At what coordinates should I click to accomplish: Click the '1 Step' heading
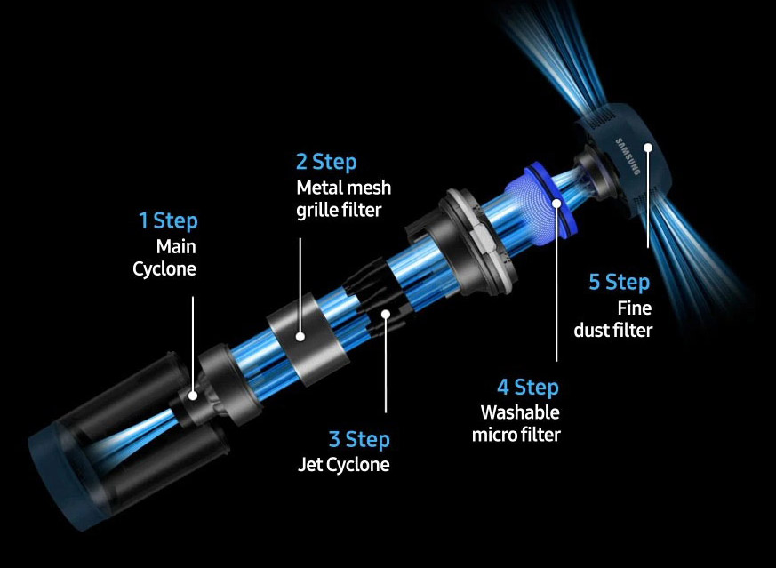click(x=168, y=220)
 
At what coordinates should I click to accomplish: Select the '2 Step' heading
click(x=326, y=162)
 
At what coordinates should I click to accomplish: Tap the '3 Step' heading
click(x=359, y=439)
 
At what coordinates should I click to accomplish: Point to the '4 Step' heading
click(x=528, y=387)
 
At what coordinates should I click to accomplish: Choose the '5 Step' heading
click(x=620, y=282)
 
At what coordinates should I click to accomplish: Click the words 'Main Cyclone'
click(x=164, y=258)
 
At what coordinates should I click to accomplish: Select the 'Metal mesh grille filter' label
click(x=344, y=199)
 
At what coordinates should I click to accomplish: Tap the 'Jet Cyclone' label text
click(x=343, y=465)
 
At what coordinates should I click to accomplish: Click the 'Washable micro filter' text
click(x=516, y=423)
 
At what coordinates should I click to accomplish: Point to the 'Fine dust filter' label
click(x=613, y=319)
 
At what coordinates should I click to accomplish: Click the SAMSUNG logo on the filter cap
click(x=628, y=156)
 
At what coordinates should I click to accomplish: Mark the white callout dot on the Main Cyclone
click(x=193, y=396)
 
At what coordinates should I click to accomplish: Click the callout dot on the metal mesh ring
click(x=300, y=337)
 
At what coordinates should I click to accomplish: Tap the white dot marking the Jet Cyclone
click(x=386, y=314)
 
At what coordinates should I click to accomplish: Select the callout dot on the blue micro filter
click(x=556, y=204)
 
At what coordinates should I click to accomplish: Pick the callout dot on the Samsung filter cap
click(x=648, y=148)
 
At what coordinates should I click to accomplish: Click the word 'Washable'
click(x=520, y=412)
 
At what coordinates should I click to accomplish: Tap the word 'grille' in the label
click(x=316, y=211)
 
